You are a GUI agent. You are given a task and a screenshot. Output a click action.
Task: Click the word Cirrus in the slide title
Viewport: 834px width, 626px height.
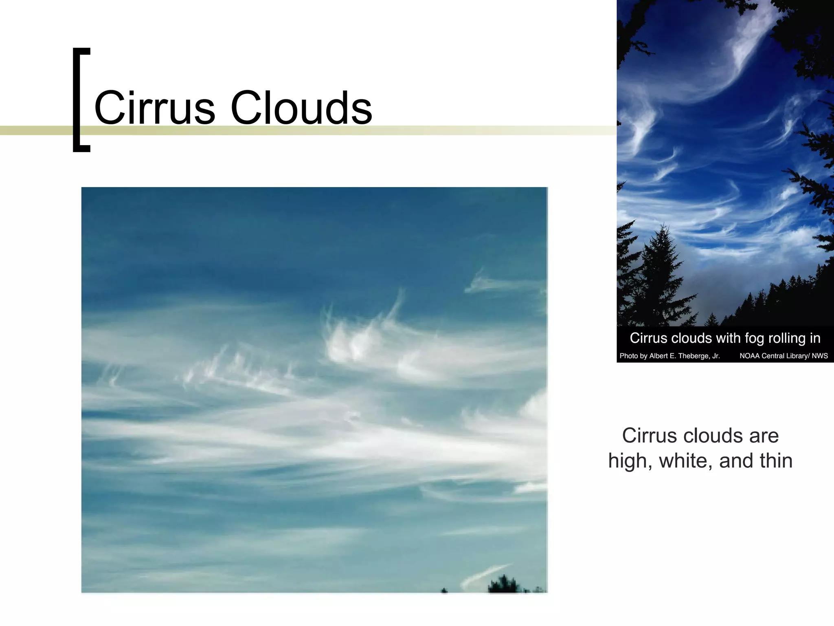[x=154, y=108]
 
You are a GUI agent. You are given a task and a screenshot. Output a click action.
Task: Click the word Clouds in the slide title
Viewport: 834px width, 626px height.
[x=301, y=108]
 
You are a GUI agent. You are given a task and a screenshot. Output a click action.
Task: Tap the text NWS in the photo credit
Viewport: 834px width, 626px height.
[x=820, y=356]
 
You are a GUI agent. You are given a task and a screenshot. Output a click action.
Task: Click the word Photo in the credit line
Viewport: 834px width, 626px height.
[x=628, y=356]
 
